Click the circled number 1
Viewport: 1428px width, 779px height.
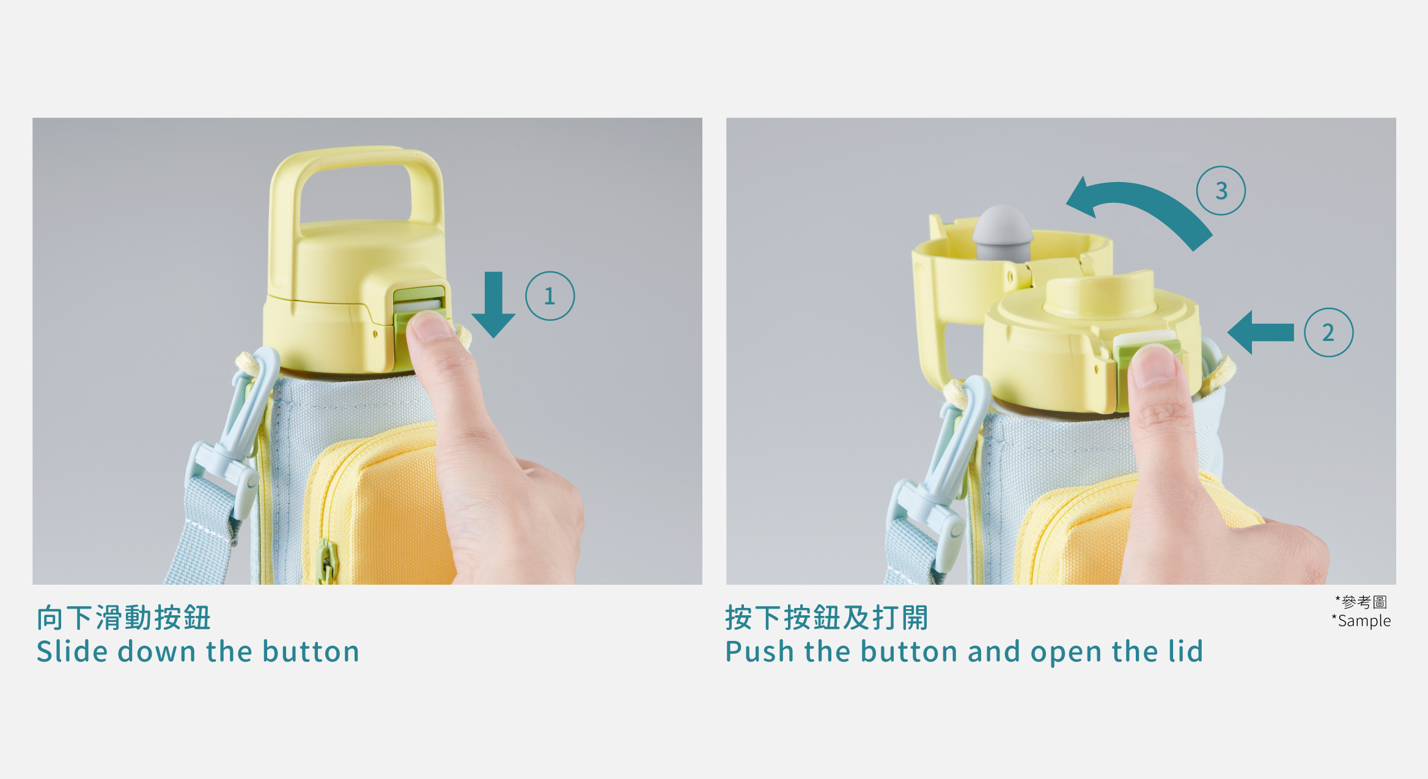[550, 296]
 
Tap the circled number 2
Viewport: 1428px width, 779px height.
[1328, 332]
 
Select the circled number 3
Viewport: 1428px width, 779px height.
[1221, 191]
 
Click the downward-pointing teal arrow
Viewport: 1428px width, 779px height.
[493, 305]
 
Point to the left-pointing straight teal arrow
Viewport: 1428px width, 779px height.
[1261, 332]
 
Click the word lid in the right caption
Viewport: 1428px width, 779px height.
[1185, 651]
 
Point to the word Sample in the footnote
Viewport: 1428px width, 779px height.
[1364, 621]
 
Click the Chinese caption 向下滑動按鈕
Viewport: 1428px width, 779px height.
[124, 618]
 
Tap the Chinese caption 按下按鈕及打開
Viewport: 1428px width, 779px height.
[827, 618]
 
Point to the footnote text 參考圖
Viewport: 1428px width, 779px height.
[1364, 602]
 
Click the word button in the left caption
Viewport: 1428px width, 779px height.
[311, 651]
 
